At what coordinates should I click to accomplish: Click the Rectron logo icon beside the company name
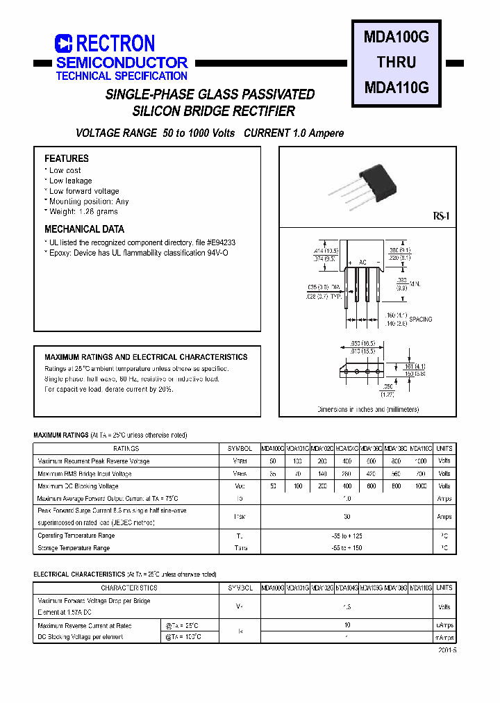click(64, 44)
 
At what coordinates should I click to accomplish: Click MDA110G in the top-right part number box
click(397, 88)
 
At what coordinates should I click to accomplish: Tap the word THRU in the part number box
click(397, 63)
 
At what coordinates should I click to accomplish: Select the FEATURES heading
click(67, 158)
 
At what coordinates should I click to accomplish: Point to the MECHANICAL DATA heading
click(85, 229)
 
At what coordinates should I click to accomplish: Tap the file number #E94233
click(221, 242)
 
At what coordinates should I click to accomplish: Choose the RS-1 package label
click(442, 217)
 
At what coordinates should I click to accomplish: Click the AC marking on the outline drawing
click(362, 262)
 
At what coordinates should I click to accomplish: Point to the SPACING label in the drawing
click(420, 320)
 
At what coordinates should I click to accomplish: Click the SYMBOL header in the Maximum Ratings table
click(240, 449)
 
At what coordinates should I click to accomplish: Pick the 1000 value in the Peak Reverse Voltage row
click(421, 461)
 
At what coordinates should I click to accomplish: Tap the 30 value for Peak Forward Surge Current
click(347, 517)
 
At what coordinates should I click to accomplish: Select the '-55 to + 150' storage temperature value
click(347, 548)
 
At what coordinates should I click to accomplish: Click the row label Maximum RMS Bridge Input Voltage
click(84, 474)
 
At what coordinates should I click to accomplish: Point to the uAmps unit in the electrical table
click(444, 625)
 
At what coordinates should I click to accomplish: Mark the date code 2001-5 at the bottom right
click(447, 650)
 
